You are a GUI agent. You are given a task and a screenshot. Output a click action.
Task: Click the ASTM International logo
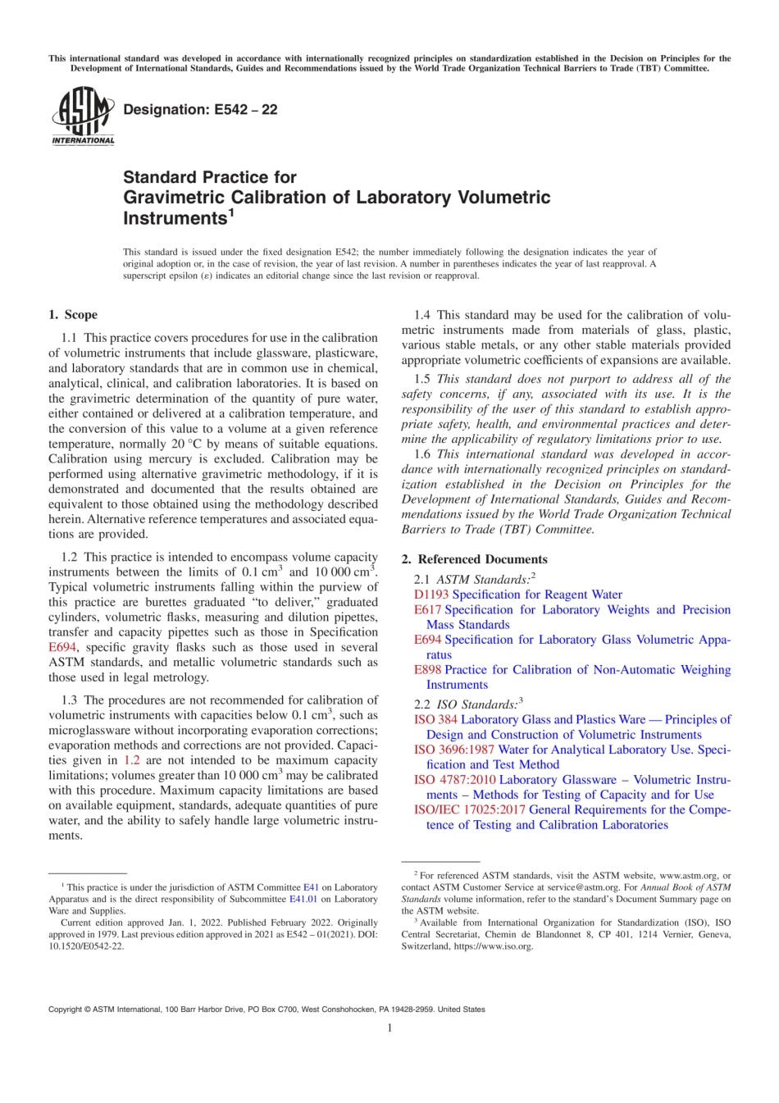(83, 116)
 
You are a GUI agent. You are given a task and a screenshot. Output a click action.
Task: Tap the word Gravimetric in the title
(172, 198)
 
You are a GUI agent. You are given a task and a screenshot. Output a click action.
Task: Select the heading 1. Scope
(73, 315)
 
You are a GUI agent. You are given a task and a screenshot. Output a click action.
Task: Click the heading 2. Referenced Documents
(474, 559)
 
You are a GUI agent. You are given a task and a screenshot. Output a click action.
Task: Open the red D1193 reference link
(430, 595)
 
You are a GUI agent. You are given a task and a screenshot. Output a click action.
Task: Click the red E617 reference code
(427, 609)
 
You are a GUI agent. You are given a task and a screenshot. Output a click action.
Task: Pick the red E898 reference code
(427, 669)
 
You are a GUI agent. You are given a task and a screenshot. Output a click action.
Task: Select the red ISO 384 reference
(435, 719)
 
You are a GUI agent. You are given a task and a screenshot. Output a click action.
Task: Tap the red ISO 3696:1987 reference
(453, 750)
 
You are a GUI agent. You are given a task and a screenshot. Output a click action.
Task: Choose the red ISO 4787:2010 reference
(454, 780)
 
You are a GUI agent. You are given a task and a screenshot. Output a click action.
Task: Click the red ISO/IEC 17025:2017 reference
(469, 809)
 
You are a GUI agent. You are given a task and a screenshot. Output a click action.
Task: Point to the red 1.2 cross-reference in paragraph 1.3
(131, 760)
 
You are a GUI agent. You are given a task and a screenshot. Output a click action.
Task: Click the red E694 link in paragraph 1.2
(62, 647)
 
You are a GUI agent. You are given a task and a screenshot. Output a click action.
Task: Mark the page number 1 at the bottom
(389, 1028)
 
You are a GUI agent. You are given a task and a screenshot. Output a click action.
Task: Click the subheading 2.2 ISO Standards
(468, 704)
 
